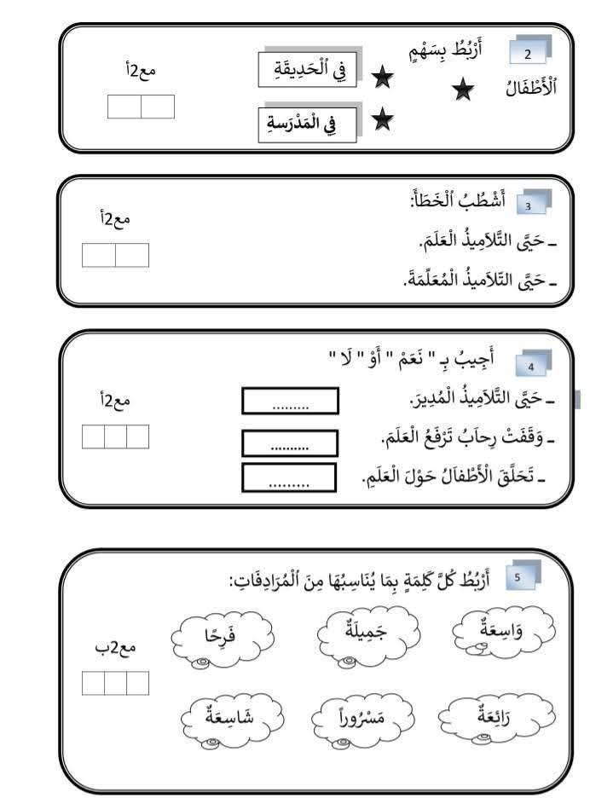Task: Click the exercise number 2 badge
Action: [528, 54]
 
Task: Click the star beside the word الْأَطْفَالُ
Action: [463, 89]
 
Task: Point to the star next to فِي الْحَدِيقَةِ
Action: [384, 79]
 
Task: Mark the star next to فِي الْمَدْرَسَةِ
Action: [384, 119]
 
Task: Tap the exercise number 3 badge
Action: [528, 205]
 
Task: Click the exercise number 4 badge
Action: [530, 366]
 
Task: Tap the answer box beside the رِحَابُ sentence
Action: [291, 443]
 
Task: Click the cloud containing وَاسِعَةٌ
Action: [502, 629]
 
